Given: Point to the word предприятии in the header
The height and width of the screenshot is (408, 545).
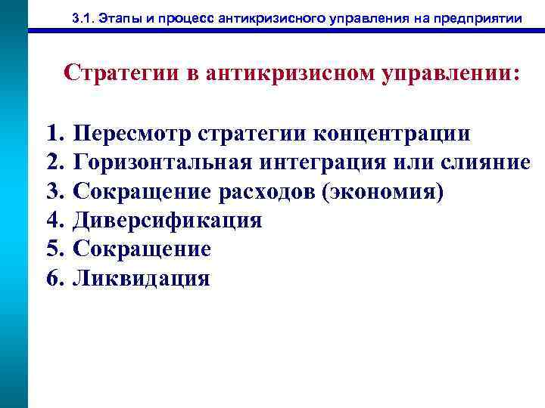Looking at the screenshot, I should point(483,18).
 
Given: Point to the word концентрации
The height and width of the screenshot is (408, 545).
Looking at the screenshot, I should point(388,134).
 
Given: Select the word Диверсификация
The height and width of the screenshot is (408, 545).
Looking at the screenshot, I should point(167,221).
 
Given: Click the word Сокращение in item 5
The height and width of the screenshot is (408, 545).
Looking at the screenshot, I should point(142,249).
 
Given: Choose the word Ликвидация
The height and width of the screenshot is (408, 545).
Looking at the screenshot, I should point(141,278).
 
